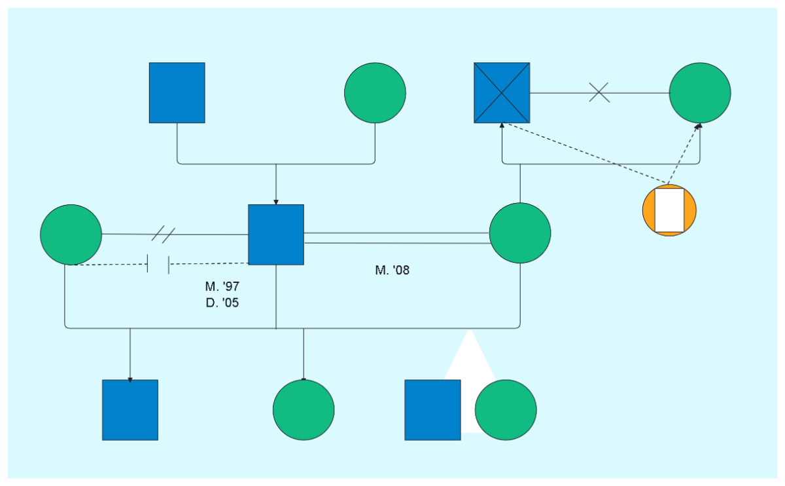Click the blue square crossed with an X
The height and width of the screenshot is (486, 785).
[x=502, y=93]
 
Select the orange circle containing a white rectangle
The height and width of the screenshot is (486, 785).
[x=669, y=210]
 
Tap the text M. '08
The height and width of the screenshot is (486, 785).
[x=392, y=270]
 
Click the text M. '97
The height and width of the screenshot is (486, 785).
[x=222, y=286]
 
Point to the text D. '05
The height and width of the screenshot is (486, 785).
[x=222, y=303]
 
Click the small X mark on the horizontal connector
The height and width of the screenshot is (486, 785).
[x=599, y=92]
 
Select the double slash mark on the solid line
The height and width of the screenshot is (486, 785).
[x=164, y=234]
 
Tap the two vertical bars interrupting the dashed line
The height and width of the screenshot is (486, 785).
[x=158, y=264]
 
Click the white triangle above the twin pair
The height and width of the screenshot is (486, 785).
[x=469, y=354]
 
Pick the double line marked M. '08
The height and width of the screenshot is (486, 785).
[x=396, y=238]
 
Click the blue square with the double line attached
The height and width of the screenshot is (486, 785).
[x=276, y=234]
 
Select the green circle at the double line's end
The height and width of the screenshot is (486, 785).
[x=520, y=233]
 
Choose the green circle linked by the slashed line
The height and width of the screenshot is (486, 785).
[x=71, y=234]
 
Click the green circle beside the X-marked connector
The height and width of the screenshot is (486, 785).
[x=700, y=93]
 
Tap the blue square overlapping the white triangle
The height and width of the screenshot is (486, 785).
[x=432, y=410]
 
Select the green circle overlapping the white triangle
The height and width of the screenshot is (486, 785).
[x=506, y=410]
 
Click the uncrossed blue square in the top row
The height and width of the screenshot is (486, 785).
[x=177, y=93]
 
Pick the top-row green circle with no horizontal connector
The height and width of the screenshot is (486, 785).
[x=375, y=93]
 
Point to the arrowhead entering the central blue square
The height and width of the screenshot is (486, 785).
[x=276, y=202]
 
